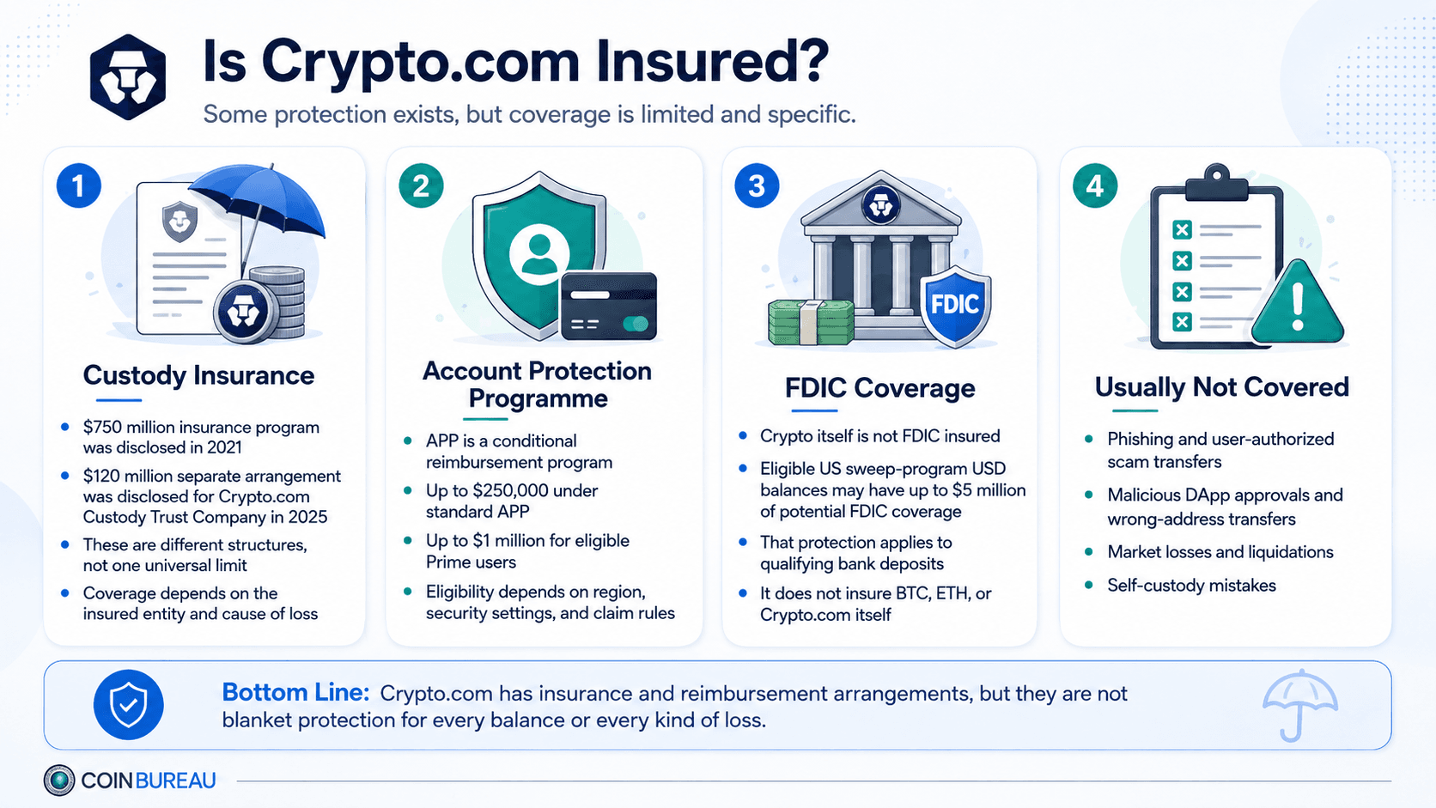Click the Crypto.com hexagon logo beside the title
click(128, 77)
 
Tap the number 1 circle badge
click(79, 185)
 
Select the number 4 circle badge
click(1095, 185)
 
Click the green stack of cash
click(811, 322)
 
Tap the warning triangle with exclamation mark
click(1298, 302)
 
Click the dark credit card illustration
click(608, 307)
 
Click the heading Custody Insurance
click(198, 375)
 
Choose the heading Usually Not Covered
click(1222, 387)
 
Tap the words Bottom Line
click(295, 693)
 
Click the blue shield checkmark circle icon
click(128, 705)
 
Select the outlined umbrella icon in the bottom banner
click(1299, 706)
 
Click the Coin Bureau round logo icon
click(59, 780)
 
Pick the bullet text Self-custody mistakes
click(1192, 586)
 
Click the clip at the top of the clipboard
click(1216, 181)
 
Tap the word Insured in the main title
click(711, 62)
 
